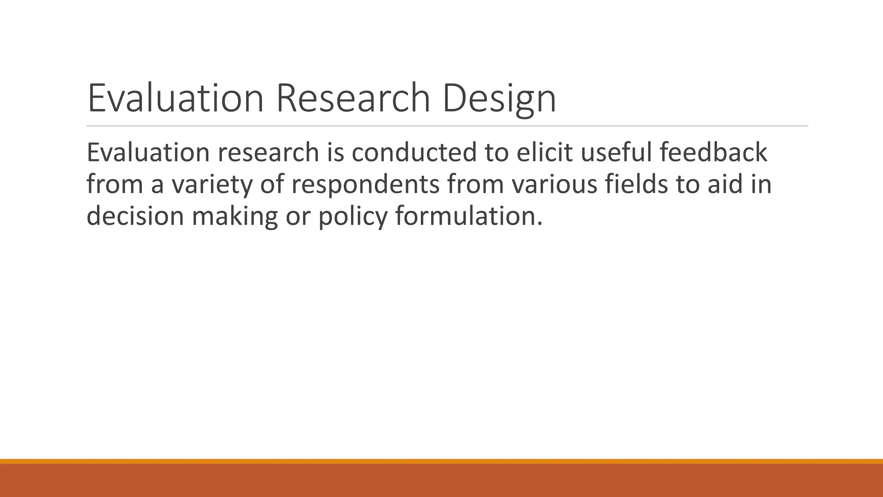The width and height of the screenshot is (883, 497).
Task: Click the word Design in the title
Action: [x=499, y=98]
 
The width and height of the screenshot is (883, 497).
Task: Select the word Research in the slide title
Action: [x=353, y=98]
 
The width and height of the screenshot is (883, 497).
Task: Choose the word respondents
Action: [x=365, y=185]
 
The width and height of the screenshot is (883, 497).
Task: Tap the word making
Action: [x=235, y=216]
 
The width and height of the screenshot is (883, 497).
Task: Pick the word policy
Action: [x=353, y=216]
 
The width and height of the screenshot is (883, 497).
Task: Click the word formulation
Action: [x=468, y=216]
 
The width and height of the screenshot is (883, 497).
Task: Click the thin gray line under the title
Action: [x=447, y=126]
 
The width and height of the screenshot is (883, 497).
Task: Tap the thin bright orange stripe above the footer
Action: [x=441, y=461]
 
